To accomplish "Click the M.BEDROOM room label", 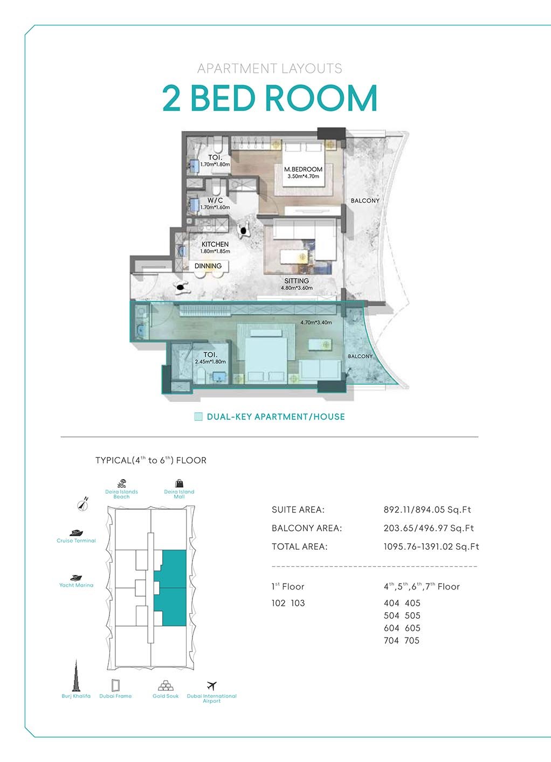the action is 303,169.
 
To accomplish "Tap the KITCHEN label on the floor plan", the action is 215,244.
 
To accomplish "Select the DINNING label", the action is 208,266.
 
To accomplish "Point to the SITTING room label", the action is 297,281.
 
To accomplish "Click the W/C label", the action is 215,200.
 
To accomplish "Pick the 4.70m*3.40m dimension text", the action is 316,322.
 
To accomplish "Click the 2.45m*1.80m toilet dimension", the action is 210,362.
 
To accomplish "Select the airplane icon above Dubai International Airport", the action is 212,685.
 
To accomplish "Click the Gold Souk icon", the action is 166,685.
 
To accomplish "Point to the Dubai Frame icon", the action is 116,685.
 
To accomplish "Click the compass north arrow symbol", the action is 82,504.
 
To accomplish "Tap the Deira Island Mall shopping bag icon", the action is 180,483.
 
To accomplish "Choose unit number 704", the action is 391,641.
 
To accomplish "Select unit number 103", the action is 298,603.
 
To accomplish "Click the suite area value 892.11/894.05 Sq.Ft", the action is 428,510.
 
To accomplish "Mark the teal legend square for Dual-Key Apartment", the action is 198,417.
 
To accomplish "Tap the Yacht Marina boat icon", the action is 76,578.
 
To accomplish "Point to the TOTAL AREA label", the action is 300,546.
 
